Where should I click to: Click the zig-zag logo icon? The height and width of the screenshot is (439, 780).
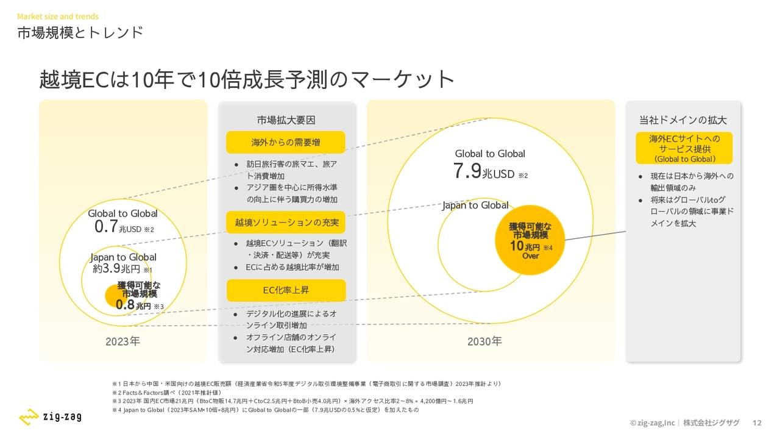point(29,416)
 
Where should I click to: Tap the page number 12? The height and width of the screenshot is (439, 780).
point(757,423)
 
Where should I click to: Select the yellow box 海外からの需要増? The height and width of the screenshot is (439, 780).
point(286,142)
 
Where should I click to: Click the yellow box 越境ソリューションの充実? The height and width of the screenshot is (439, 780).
point(286,223)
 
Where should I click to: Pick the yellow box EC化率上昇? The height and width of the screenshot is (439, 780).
point(286,290)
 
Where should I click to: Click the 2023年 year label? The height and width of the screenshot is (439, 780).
point(122,341)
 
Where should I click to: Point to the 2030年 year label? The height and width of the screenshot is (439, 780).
point(484,341)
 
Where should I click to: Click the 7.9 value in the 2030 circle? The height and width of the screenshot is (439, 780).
point(467,171)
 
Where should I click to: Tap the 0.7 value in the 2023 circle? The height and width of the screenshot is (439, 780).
point(106,226)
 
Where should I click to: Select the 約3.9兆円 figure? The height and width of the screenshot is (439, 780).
point(116,269)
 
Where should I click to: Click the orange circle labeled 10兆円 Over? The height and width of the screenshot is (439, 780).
point(530,240)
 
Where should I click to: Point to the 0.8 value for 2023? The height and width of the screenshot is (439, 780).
point(125,304)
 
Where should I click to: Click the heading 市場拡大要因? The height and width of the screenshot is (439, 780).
point(286,120)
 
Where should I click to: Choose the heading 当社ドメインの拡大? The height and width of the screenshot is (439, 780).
point(683,120)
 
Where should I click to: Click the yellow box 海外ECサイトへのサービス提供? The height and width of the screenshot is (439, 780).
point(684,148)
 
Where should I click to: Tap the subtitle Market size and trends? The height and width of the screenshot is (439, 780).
point(58,16)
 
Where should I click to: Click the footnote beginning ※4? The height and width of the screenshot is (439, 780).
point(265,410)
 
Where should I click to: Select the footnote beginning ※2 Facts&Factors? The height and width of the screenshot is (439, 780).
point(166,393)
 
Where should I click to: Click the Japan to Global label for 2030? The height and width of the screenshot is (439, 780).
point(475,205)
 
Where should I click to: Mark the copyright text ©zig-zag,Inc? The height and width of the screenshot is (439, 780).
point(652,423)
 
